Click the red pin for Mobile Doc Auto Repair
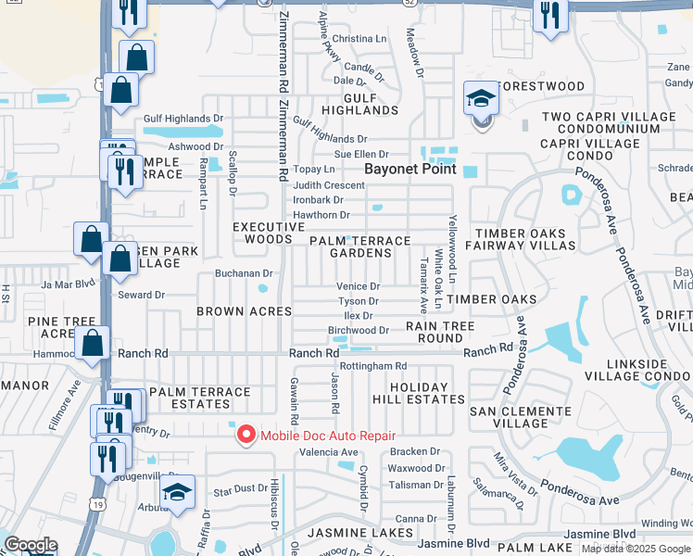click(246, 434)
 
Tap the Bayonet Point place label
click(410, 169)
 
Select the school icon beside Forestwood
click(481, 99)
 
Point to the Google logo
click(31, 545)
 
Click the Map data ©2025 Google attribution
click(636, 549)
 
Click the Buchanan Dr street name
click(244, 273)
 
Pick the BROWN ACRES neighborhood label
click(245, 311)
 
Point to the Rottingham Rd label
click(373, 366)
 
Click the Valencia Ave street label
click(328, 453)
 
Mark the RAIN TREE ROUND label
click(440, 332)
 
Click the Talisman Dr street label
click(416, 485)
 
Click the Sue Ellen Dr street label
click(361, 154)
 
